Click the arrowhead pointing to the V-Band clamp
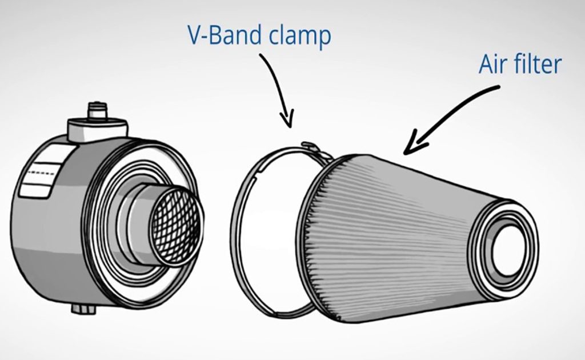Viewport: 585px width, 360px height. coord(288,119)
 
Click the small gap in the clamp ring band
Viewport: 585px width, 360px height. coord(258,175)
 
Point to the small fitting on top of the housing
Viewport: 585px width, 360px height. coord(97,110)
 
